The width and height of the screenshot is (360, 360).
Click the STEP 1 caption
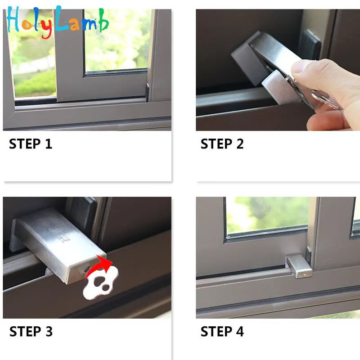point(31,144)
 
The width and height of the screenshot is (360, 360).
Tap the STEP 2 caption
point(222,144)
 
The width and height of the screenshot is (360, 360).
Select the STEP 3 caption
point(31,332)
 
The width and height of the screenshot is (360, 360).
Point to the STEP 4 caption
point(222,332)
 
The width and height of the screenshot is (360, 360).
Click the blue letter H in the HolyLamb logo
point(13,19)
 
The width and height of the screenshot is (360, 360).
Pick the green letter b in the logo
point(103,20)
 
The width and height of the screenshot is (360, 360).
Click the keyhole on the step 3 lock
point(87,269)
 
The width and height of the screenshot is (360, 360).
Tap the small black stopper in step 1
point(147,92)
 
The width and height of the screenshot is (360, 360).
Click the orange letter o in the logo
point(27,25)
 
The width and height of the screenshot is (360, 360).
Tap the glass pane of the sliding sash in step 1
point(116,40)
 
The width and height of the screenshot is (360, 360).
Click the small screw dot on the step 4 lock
point(305,274)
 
